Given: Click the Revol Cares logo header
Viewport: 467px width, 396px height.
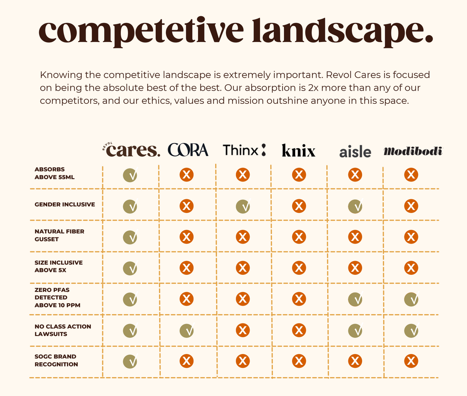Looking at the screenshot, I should pos(131,150).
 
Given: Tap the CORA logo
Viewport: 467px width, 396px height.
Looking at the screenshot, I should pos(188,150).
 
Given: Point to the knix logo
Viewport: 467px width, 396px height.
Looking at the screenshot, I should pos(299,151).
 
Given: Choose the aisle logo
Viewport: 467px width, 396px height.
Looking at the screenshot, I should pos(355,152).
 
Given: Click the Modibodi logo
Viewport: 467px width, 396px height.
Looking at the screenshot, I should pos(413,151).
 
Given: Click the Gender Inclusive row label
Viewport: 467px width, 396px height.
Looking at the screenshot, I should pos(65,205).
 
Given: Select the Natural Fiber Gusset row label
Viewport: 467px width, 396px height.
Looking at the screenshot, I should pos(59,235).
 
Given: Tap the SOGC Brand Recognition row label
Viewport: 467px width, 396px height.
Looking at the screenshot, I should pos(56,360).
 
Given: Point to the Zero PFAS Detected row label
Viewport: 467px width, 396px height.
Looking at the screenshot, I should pos(57,297).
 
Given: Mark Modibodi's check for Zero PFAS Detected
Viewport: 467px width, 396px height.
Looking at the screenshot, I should pos(411,299).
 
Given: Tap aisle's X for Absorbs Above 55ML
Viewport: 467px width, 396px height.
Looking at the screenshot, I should pos(355,175).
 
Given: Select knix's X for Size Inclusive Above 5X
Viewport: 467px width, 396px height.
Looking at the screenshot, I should pos(299,268).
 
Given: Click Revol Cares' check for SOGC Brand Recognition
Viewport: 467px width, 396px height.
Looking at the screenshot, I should pos(130,361).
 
